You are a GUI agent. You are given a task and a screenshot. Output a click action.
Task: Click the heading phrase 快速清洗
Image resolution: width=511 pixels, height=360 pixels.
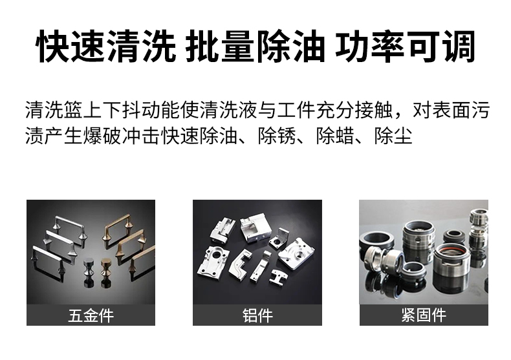107,47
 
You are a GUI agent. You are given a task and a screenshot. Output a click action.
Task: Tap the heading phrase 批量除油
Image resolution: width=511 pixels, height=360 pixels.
255,47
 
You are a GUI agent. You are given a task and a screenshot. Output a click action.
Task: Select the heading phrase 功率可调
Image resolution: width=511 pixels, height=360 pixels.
405,47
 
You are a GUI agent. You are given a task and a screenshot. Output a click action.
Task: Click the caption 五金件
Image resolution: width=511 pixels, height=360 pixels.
91,315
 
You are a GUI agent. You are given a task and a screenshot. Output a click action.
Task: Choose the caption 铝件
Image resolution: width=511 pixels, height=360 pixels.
257,315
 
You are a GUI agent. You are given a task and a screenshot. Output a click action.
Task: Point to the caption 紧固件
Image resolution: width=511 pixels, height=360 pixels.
424,315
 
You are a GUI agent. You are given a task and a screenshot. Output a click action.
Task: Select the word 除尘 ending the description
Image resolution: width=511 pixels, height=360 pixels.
393,136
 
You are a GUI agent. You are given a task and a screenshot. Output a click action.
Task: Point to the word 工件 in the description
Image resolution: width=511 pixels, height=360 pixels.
296,111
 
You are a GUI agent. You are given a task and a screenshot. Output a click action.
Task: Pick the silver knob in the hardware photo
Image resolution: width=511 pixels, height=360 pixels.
89,273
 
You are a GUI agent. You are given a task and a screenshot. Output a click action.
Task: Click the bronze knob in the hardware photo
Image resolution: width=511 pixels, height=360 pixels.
106,273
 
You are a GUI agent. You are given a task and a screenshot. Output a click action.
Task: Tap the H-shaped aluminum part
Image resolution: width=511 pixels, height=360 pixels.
278,277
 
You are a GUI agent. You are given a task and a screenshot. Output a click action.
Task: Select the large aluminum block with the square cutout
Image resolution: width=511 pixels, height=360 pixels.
256,228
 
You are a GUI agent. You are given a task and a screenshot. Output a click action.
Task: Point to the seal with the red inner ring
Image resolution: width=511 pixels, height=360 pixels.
451,257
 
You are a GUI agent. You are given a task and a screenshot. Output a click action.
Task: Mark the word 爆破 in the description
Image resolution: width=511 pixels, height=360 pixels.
102,136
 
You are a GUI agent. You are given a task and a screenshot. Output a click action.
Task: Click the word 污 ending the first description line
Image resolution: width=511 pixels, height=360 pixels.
480,111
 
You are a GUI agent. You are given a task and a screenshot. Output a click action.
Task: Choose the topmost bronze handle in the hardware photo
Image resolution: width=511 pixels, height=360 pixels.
118,228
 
